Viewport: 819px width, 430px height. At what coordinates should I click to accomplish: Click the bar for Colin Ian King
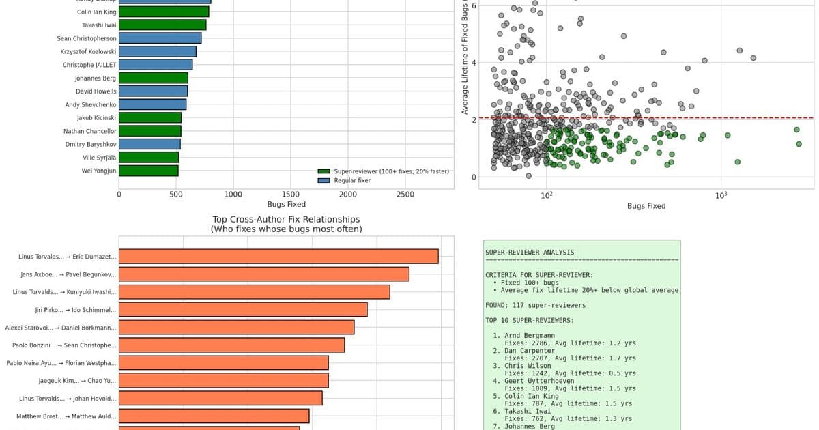click(164, 12)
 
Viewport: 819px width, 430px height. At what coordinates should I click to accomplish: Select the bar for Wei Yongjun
click(149, 171)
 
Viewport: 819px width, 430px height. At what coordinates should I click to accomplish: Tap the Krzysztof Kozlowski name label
click(88, 51)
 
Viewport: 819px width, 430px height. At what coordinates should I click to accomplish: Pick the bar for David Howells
click(154, 91)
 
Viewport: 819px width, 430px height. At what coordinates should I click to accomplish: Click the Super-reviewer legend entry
click(383, 171)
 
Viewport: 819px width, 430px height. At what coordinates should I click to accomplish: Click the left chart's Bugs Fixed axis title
click(286, 204)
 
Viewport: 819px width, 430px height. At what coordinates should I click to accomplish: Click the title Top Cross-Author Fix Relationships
click(285, 220)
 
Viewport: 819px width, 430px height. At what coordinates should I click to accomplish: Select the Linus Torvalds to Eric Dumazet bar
click(278, 257)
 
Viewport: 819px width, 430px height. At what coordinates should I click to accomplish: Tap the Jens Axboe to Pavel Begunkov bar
click(264, 274)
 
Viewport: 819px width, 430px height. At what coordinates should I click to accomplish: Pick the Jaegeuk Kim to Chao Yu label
click(77, 381)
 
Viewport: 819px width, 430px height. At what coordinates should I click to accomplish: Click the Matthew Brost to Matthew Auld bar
click(214, 416)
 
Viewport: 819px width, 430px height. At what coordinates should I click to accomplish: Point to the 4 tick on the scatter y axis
click(473, 63)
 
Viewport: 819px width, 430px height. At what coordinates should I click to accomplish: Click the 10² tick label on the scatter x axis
click(546, 196)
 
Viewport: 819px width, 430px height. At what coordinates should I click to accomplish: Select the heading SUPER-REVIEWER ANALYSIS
click(530, 253)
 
